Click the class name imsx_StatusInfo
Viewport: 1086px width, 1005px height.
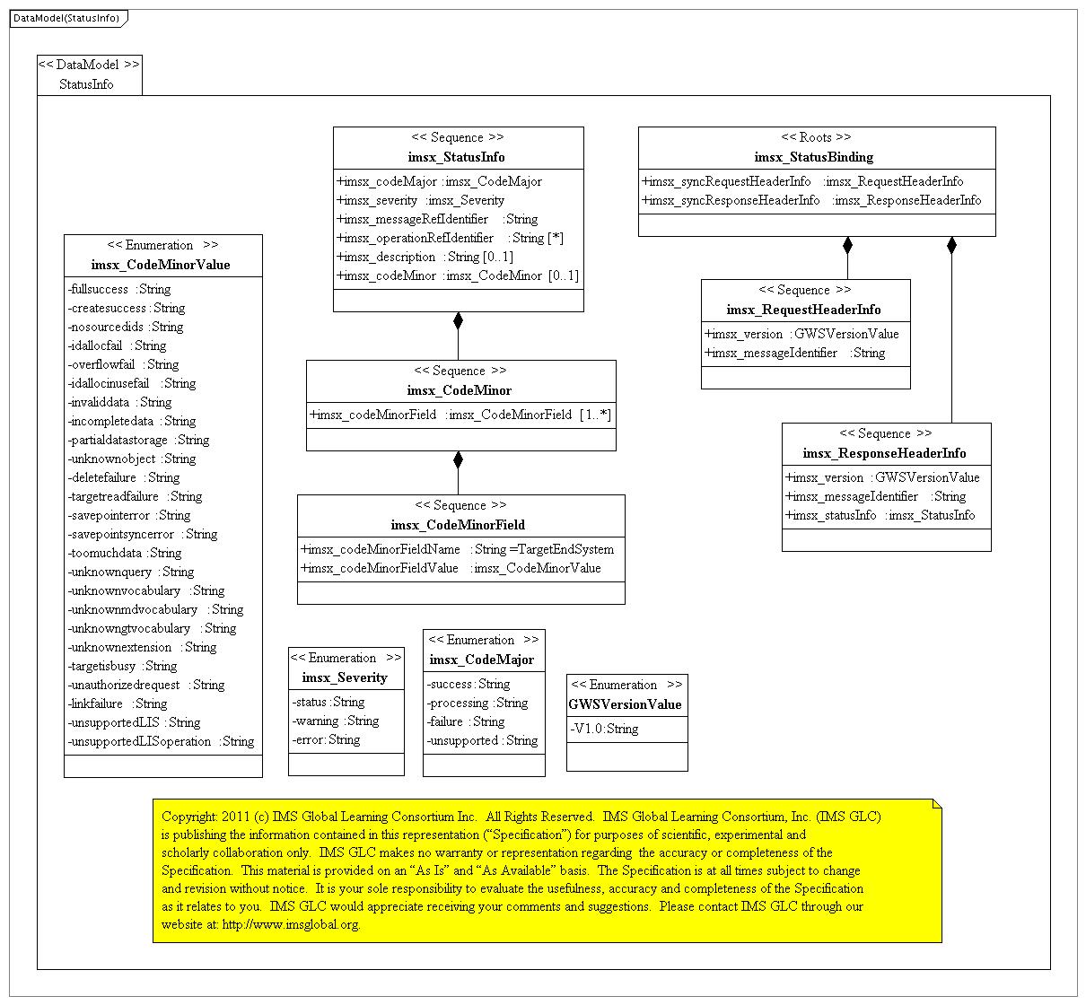458,157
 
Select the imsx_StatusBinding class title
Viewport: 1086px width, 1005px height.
814,157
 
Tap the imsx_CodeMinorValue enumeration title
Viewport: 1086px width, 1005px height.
161,265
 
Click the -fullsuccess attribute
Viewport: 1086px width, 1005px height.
119,289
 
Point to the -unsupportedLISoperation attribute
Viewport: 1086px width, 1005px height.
161,741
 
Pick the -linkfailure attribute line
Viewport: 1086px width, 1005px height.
118,703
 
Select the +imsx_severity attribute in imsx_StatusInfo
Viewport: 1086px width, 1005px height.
420,200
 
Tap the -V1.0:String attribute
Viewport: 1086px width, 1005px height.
604,729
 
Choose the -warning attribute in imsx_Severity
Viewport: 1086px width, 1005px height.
336,721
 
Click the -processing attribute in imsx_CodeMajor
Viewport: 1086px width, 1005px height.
477,703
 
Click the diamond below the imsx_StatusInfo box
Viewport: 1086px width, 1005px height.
458,320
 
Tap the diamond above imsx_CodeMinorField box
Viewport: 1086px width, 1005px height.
458,459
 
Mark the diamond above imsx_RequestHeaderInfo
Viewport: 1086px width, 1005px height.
847,245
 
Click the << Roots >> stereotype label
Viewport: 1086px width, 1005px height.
816,137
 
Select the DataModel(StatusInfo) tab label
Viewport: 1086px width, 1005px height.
66,18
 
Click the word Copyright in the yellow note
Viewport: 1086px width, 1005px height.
188,817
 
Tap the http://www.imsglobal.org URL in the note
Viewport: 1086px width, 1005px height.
291,924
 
